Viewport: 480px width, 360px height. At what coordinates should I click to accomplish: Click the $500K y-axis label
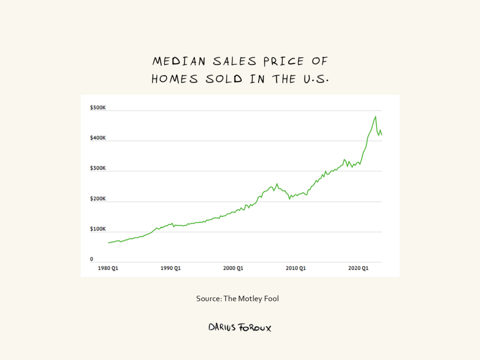pyautogui.click(x=98, y=108)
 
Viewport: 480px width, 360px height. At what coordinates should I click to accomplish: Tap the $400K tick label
pyautogui.click(x=98, y=138)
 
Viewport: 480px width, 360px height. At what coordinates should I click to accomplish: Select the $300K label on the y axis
pyautogui.click(x=98, y=168)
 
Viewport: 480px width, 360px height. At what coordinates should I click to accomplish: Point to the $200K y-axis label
pyautogui.click(x=98, y=199)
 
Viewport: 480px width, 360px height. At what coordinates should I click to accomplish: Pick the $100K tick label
pyautogui.click(x=98, y=229)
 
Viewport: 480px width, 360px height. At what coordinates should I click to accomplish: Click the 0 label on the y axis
pyautogui.click(x=92, y=259)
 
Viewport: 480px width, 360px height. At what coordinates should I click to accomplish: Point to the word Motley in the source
pyautogui.click(x=251, y=299)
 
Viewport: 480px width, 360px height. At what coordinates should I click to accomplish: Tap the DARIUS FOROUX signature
pyautogui.click(x=240, y=327)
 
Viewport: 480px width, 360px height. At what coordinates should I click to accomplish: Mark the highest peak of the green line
pyautogui.click(x=375, y=116)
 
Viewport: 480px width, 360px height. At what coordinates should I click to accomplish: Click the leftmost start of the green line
pyautogui.click(x=108, y=243)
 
